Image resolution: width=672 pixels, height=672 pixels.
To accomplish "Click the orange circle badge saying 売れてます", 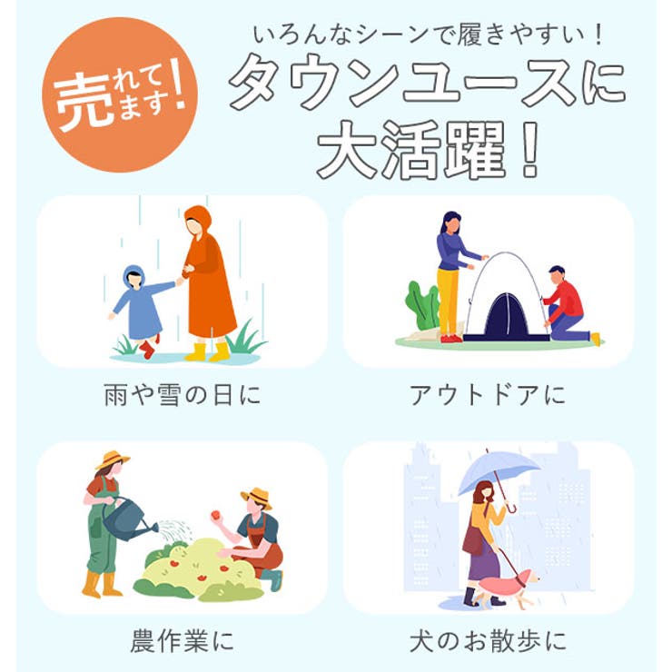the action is [120, 94].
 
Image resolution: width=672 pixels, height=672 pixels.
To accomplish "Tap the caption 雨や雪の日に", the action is [183, 395].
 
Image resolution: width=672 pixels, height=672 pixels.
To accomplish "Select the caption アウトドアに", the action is [488, 395].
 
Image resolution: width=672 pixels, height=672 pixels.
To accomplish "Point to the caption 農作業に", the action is [183, 641].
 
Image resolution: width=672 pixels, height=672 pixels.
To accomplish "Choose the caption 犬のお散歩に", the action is [488, 641].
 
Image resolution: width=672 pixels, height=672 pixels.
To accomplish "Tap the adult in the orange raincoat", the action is [207, 282].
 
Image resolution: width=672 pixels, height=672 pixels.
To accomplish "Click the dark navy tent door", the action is [507, 316].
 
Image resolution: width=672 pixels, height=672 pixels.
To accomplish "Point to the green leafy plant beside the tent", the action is [422, 304].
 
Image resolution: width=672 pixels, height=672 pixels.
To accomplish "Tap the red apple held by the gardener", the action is [215, 515].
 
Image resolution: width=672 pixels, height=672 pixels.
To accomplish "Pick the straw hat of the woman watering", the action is [112, 460].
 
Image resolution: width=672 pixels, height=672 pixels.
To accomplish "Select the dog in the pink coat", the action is [508, 588].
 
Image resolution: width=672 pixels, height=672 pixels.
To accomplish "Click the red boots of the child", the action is [148, 346].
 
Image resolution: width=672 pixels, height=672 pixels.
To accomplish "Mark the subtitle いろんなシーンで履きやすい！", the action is [429, 35].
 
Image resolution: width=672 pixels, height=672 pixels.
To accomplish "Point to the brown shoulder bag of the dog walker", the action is [472, 541].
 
